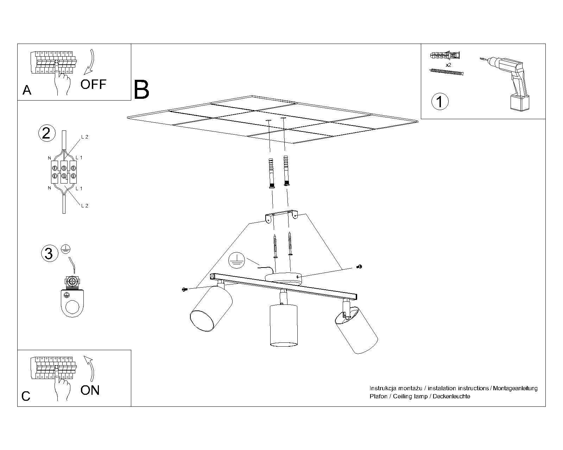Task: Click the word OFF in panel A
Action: pos(93,84)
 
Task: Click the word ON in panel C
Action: pos(90,390)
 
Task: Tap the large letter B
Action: pos(142,90)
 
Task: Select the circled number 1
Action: pos(440,102)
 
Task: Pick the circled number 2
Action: pos(46,134)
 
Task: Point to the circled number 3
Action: pos(49,253)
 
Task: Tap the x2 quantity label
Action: pos(448,65)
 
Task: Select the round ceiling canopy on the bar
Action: pos(284,277)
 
